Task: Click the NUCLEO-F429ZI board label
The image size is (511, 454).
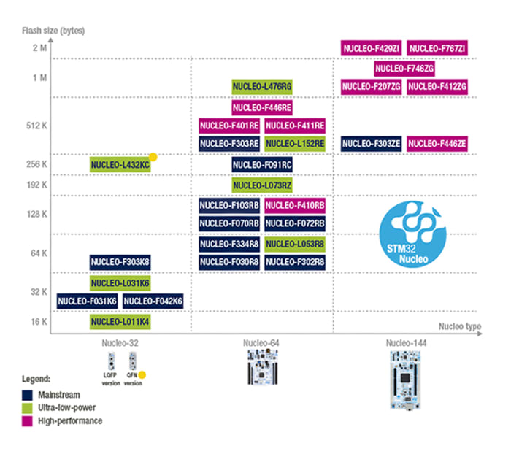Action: pyautogui.click(x=372, y=49)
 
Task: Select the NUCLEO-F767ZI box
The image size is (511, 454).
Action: pyautogui.click(x=437, y=49)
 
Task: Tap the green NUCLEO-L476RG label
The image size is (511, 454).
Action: pyautogui.click(x=262, y=87)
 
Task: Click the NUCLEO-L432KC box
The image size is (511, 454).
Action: pyautogui.click(x=120, y=165)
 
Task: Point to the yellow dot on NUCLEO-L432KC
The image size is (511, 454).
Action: pyautogui.click(x=153, y=157)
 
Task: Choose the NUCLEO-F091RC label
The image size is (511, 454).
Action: pyautogui.click(x=262, y=166)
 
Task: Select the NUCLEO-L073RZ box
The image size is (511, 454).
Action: pyautogui.click(x=262, y=186)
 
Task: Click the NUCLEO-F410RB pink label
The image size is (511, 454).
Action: pyautogui.click(x=295, y=205)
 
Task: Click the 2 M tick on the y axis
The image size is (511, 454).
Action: pyautogui.click(x=39, y=48)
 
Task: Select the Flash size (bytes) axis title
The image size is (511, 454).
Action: pyautogui.click(x=53, y=30)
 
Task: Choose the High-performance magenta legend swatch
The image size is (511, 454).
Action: pyautogui.click(x=26, y=421)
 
